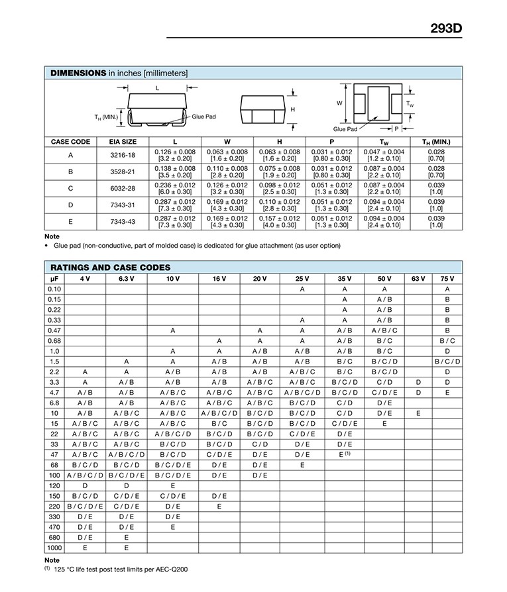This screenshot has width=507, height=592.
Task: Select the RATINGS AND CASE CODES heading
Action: click(110, 268)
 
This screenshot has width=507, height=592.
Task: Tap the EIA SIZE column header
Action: click(123, 142)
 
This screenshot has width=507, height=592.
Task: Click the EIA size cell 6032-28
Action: click(123, 188)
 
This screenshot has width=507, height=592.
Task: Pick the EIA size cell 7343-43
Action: click(123, 222)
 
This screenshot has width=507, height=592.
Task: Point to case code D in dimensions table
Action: click(70, 205)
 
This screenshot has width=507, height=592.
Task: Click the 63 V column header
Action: click(418, 279)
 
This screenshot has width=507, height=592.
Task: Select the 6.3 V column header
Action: click(126, 279)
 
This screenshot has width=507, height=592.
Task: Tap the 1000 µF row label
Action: click(54, 548)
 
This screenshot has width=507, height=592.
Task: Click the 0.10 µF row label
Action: click(54, 289)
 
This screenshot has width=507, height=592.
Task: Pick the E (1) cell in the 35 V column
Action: click(345, 454)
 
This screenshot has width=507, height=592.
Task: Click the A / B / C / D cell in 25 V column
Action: click(302, 392)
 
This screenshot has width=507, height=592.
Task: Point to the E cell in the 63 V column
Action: click(418, 413)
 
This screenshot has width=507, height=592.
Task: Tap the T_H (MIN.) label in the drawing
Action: click(106, 118)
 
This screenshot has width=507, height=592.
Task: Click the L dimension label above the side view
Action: click(157, 87)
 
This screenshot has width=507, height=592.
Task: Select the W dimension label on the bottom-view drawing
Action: click(339, 103)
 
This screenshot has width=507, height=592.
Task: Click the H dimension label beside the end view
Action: click(292, 109)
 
